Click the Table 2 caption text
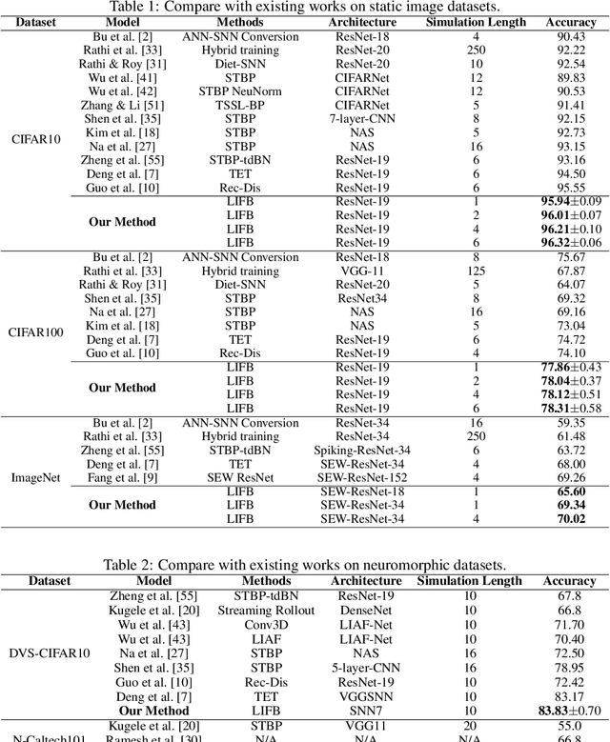[305, 564]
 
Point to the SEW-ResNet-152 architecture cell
[365, 476]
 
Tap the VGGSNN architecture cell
[365, 697]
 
